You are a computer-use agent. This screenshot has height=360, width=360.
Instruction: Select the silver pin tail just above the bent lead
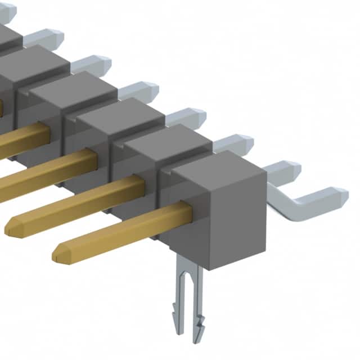pos(284,168)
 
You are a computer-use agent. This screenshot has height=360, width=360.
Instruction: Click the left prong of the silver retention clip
pos(183,298)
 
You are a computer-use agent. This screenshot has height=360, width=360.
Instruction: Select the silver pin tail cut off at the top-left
pos(8,9)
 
